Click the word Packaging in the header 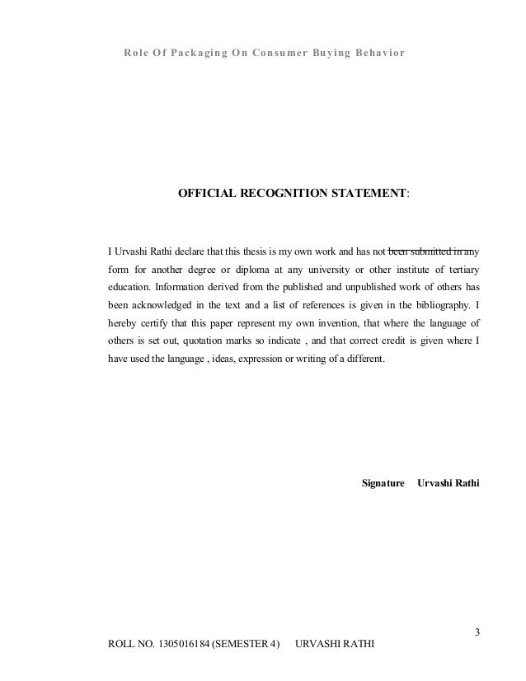coord(195,54)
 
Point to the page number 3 coord(477,633)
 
